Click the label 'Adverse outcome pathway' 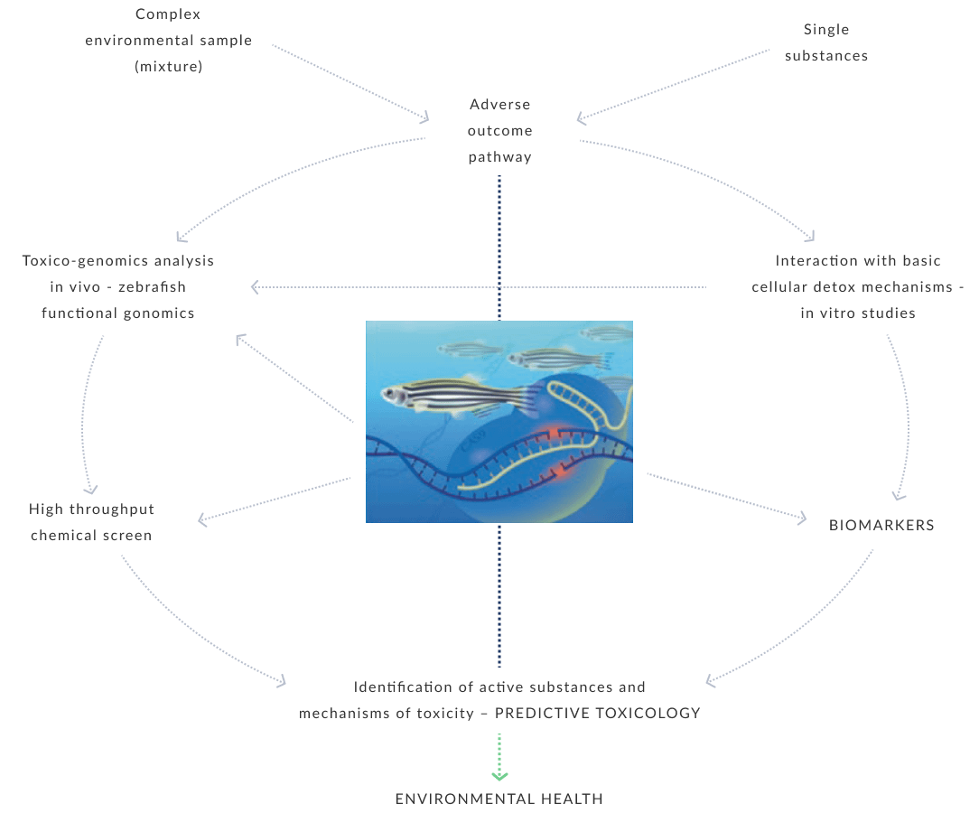(499, 131)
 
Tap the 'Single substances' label (825, 42)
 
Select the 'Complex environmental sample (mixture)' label (169, 41)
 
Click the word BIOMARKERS (881, 525)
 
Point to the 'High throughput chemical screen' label (91, 522)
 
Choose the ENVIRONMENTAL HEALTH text (499, 799)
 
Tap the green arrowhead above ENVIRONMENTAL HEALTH (499, 774)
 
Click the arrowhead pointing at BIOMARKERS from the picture (802, 518)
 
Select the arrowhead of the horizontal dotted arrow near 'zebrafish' (254, 287)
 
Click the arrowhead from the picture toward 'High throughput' (202, 519)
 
